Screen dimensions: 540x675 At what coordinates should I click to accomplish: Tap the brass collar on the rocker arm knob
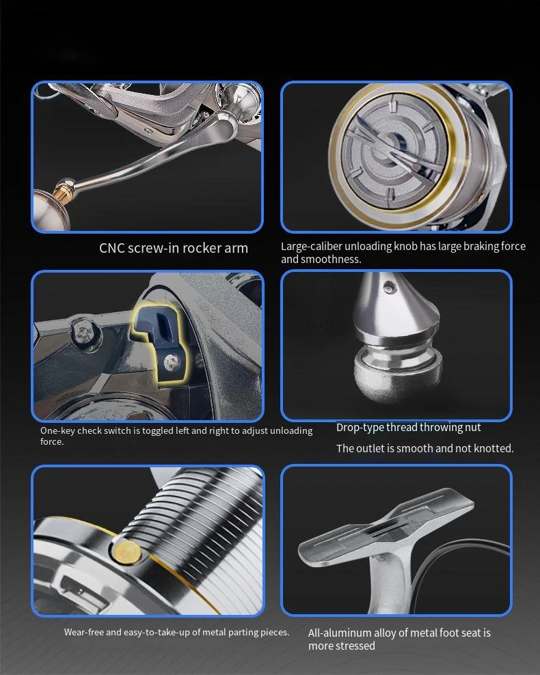64,189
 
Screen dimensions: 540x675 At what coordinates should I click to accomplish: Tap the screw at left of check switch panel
84,332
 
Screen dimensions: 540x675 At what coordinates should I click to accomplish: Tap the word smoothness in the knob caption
331,260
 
